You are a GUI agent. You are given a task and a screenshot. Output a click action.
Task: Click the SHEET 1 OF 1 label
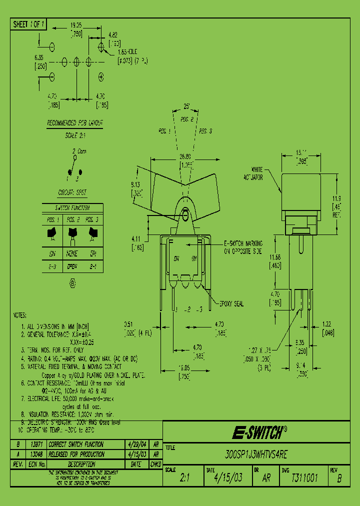pos(29,24)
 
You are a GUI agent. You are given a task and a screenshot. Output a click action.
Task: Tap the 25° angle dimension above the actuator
pos(186,107)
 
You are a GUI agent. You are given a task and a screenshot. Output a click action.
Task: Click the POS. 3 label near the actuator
pos(205,131)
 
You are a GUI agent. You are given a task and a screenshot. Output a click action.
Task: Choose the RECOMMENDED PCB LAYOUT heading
pos(75,122)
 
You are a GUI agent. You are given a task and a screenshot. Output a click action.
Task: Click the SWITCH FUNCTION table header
pos(72,207)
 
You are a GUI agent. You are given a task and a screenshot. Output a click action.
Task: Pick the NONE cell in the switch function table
pos(72,253)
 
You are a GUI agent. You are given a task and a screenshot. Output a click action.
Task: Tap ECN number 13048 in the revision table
pos(37,454)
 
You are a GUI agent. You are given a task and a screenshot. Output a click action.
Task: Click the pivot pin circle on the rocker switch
pos(185,215)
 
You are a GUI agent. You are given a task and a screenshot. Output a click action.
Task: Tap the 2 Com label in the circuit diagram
pos(79,150)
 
